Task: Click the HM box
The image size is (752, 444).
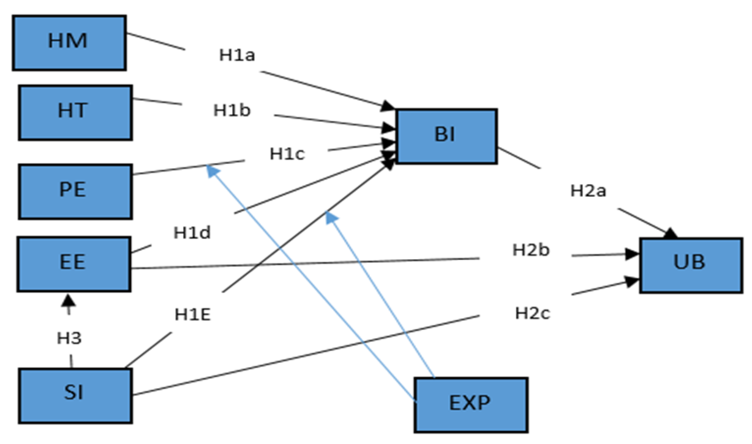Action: click(x=69, y=43)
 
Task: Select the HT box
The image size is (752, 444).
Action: click(x=75, y=113)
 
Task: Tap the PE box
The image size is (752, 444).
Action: click(x=75, y=191)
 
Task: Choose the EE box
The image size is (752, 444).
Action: click(x=74, y=264)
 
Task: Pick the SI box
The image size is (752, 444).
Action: click(x=75, y=396)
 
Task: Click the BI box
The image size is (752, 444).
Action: click(x=446, y=136)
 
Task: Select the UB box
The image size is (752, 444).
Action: click(x=691, y=265)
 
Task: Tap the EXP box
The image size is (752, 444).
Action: click(x=471, y=405)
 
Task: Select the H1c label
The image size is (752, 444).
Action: click(x=287, y=154)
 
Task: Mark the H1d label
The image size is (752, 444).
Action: click(x=192, y=233)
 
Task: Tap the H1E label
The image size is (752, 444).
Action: click(x=193, y=315)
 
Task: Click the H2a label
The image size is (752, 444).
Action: click(x=588, y=191)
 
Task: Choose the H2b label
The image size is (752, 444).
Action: click(x=531, y=250)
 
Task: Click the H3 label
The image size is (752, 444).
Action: click(x=69, y=338)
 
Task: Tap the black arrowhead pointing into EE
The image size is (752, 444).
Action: click(x=69, y=300)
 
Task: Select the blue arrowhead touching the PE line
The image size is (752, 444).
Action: click(x=213, y=172)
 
